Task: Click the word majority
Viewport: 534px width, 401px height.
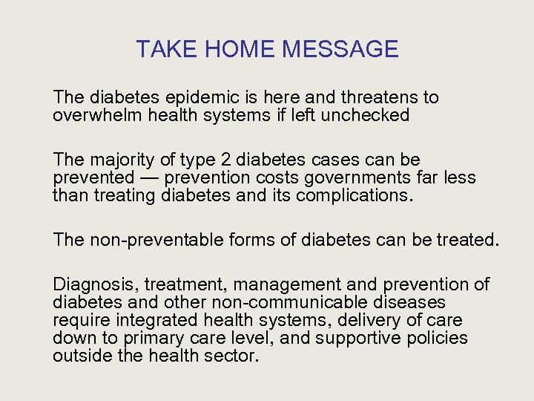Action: click(x=122, y=160)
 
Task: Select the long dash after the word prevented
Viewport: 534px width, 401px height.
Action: click(x=149, y=178)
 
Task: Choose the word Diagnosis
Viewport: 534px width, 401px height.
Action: click(x=95, y=284)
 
